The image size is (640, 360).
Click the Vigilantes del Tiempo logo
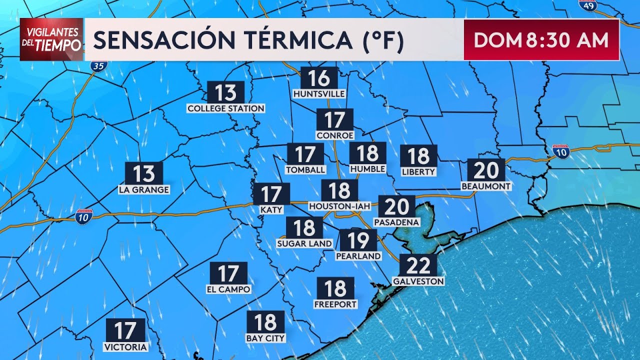click(51, 39)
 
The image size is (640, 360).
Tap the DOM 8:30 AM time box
click(541, 40)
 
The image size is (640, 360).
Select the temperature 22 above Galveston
click(418, 265)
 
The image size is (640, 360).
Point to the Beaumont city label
click(486, 186)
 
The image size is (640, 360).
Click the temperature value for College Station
click(225, 92)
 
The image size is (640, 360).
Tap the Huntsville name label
click(319, 94)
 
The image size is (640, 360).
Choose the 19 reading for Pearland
click(358, 240)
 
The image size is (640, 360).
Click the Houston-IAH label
click(340, 206)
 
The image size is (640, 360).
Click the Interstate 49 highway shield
click(588, 5)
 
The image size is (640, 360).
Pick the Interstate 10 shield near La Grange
click(83, 216)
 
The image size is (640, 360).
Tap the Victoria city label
click(125, 347)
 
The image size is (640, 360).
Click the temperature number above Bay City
click(265, 322)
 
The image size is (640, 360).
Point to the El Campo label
click(228, 289)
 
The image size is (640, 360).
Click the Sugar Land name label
click(304, 243)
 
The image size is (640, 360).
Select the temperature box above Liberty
click(418, 156)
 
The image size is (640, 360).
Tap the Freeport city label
click(335, 304)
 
